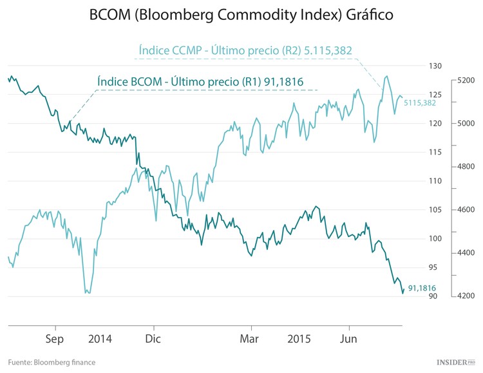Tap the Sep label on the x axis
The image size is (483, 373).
click(x=55, y=338)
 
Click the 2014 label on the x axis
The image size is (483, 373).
click(x=100, y=338)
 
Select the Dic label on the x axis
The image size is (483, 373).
click(x=153, y=338)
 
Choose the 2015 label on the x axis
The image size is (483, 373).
click(x=299, y=338)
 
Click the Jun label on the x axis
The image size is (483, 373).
click(x=348, y=338)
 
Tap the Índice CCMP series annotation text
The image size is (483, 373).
click(x=245, y=50)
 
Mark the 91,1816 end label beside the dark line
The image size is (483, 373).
click(x=422, y=289)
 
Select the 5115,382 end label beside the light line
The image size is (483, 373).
click(x=420, y=102)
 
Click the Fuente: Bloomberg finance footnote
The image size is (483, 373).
click(x=52, y=362)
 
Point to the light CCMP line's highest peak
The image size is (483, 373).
click(x=386, y=76)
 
